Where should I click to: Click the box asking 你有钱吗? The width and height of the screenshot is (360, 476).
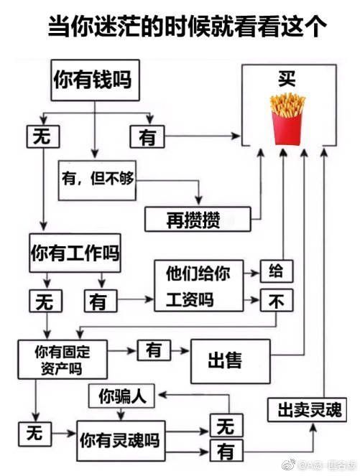tap(95, 80)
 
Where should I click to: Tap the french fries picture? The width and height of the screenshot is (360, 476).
tap(287, 119)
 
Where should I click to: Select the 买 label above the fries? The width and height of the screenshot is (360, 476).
tap(287, 79)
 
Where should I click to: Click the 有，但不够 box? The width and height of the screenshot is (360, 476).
tap(97, 180)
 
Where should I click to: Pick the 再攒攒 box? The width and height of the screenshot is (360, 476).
tap(198, 219)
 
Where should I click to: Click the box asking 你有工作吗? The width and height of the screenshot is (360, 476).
tap(75, 253)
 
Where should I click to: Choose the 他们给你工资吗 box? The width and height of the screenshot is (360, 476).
tap(199, 285)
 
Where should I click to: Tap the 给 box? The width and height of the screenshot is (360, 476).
tap(277, 271)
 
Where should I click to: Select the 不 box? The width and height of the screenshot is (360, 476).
tap(277, 300)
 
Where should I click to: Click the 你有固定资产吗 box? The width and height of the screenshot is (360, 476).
tap(63, 360)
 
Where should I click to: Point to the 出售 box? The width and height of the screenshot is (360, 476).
tap(230, 361)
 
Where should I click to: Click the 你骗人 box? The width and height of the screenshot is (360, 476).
tap(121, 396)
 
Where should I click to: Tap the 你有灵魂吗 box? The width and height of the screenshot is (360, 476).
tap(121, 441)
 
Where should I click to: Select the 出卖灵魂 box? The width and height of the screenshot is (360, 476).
tap(307, 409)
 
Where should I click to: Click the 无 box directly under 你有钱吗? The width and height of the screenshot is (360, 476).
tap(43, 136)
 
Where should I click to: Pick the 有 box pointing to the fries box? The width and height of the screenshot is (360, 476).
tap(147, 136)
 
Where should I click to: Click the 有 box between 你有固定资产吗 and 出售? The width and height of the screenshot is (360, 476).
tap(154, 350)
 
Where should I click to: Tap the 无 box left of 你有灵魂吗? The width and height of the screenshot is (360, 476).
tap(34, 434)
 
